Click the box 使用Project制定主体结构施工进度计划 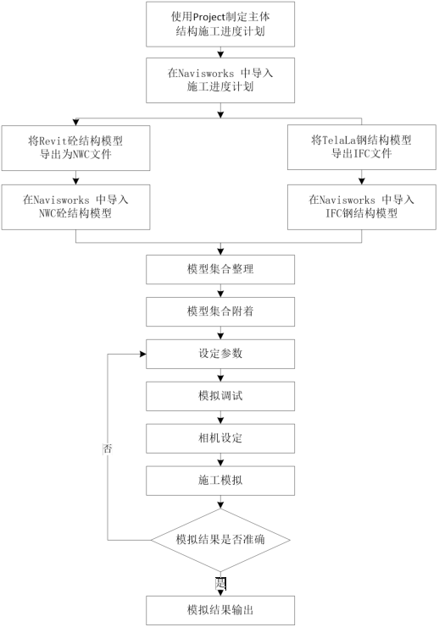tap(220, 24)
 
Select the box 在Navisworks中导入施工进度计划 tap(220, 80)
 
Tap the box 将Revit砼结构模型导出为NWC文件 tap(76, 147)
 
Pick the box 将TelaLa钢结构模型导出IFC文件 tap(363, 147)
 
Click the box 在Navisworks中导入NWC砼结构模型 tap(76, 206)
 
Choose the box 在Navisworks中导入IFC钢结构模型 tap(363, 206)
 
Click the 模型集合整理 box tap(220, 269)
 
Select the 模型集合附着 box tap(220, 311)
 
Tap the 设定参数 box tap(220, 354)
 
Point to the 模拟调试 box tap(220, 396)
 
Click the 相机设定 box tap(220, 438)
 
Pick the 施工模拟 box tap(220, 481)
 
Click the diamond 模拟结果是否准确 tap(220, 539)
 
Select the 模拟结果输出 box tap(220, 609)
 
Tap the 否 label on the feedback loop tap(108, 448)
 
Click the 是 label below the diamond tap(220, 583)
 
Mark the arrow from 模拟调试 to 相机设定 tap(220, 417)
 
